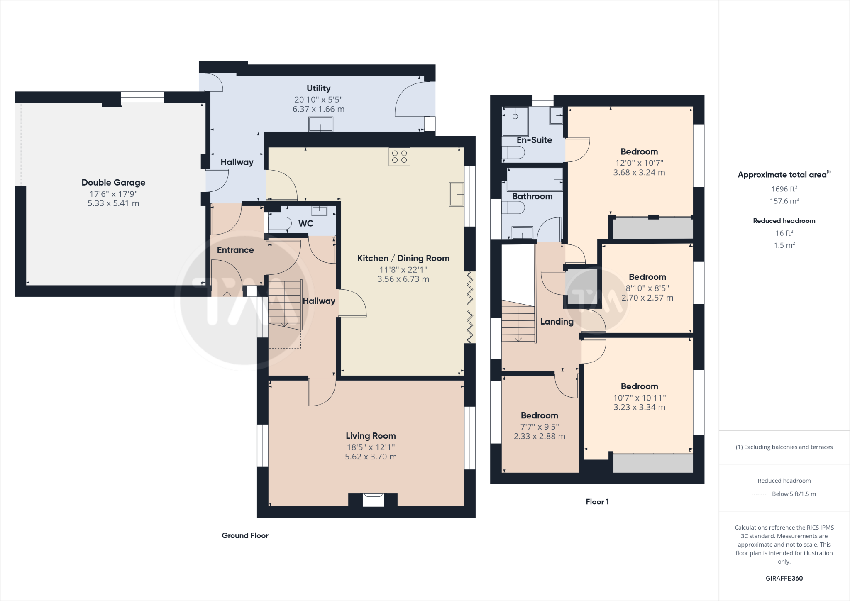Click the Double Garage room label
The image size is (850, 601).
click(x=113, y=182)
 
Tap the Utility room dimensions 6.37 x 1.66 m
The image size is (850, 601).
click(x=319, y=109)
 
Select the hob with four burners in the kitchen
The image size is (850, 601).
click(x=399, y=157)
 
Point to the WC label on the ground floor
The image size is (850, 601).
click(x=306, y=223)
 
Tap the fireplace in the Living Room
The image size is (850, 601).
click(x=373, y=500)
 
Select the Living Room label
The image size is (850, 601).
click(x=371, y=436)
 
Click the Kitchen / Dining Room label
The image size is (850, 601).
click(x=403, y=258)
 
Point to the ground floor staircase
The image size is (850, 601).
click(x=285, y=305)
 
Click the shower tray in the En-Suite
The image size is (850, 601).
click(x=515, y=121)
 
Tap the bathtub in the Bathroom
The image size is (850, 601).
click(x=535, y=180)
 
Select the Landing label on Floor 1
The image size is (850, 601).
click(x=557, y=321)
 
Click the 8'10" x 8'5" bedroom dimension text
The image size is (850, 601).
click(x=647, y=288)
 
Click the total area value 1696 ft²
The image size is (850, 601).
click(x=784, y=189)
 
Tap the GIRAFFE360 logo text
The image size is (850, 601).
click(x=784, y=578)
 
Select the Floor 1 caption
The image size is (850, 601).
click(x=597, y=502)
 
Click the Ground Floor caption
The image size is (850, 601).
click(x=245, y=535)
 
